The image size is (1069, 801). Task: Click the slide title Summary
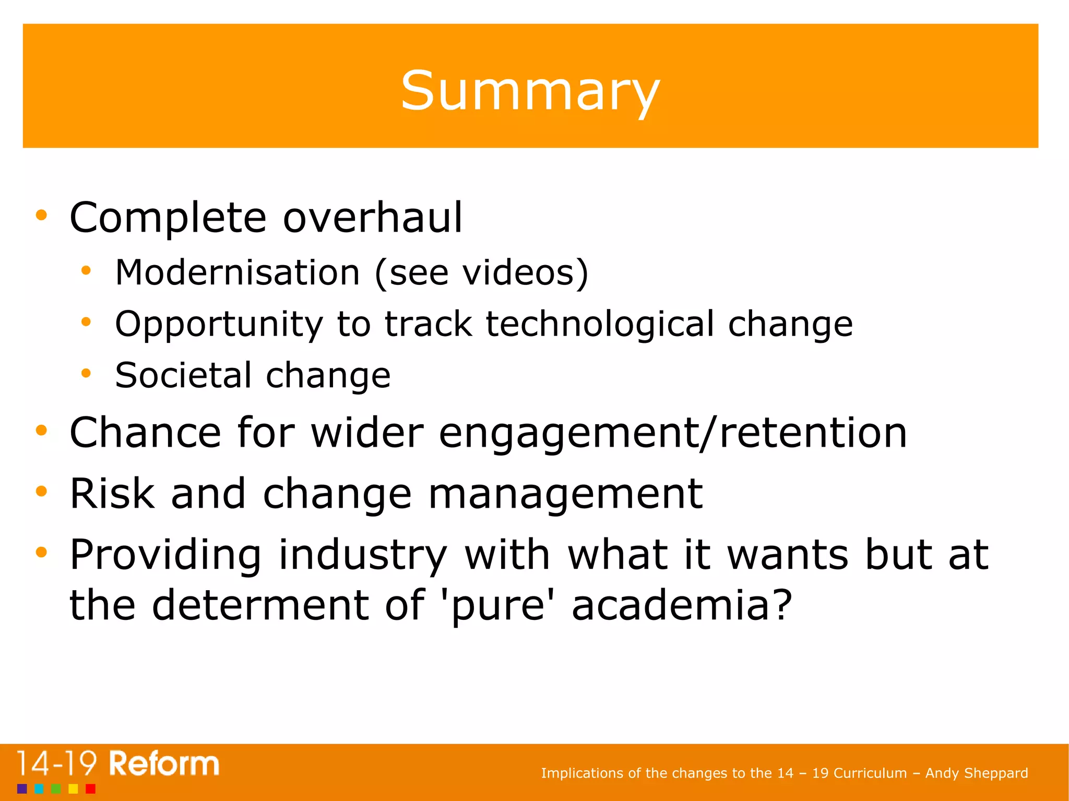pyautogui.click(x=530, y=91)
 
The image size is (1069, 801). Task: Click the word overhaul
pyautogui.click(x=373, y=218)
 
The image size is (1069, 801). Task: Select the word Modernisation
pyautogui.click(x=237, y=272)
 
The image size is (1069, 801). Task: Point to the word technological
pyautogui.click(x=600, y=324)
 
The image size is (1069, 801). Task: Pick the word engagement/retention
pyautogui.click(x=673, y=433)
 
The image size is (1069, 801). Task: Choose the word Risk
pyautogui.click(x=112, y=494)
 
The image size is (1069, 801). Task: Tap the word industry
pyautogui.click(x=363, y=555)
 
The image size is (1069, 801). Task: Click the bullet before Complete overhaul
pyautogui.click(x=42, y=214)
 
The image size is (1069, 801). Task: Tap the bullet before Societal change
pyautogui.click(x=86, y=373)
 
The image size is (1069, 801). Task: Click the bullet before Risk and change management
pyautogui.click(x=42, y=491)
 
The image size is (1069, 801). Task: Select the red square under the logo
pyautogui.click(x=90, y=788)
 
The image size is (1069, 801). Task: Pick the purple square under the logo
pyautogui.click(x=22, y=788)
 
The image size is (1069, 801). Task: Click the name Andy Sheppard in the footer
pyautogui.click(x=976, y=773)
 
